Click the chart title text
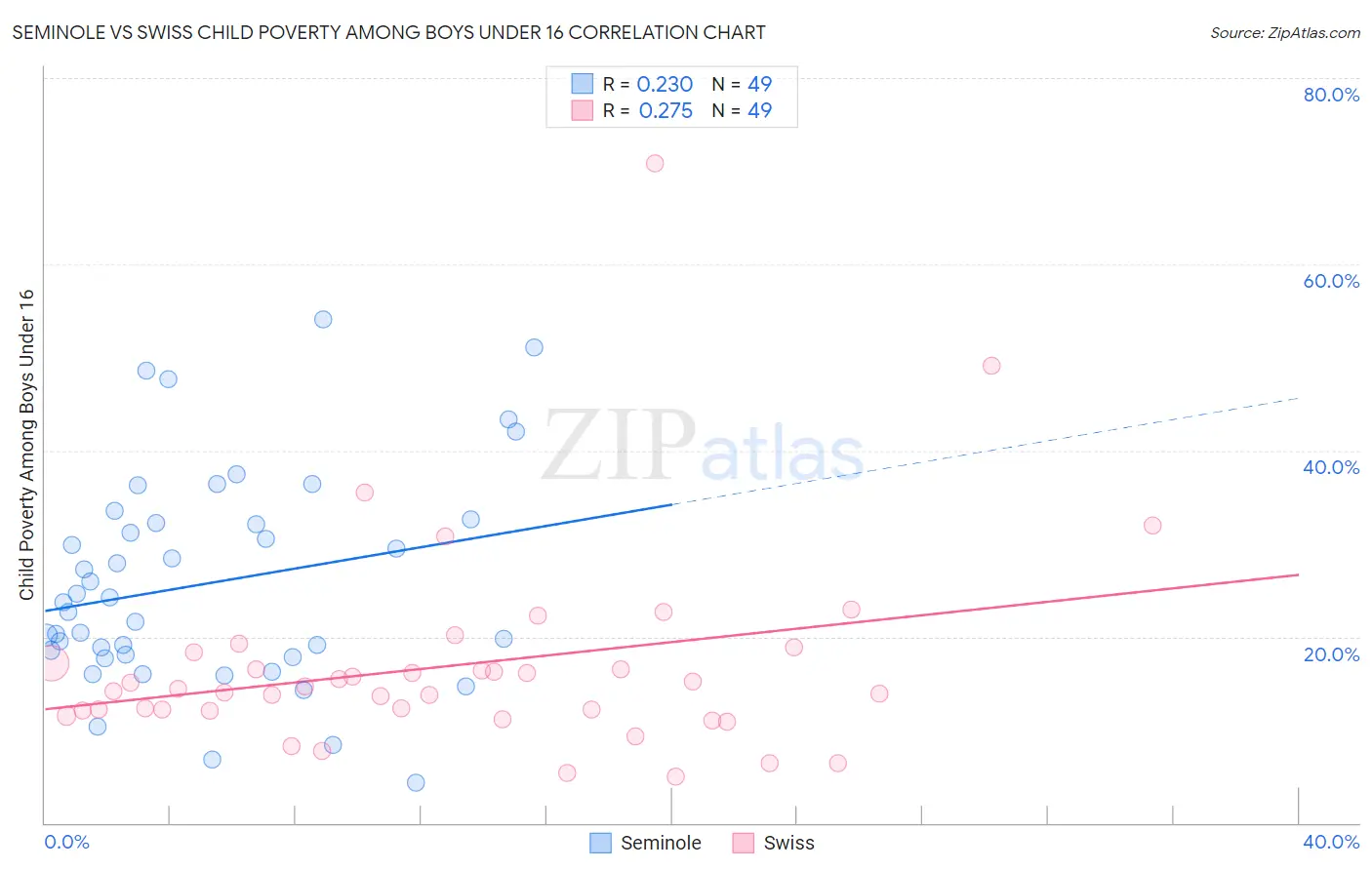click(x=388, y=32)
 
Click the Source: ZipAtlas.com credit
click(x=1284, y=32)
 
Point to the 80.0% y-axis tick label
click(x=1331, y=95)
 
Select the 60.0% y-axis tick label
click(x=1331, y=281)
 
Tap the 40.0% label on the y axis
click(x=1331, y=467)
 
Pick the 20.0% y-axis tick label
click(x=1331, y=654)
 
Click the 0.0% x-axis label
click(x=66, y=842)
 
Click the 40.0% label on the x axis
click(x=1331, y=842)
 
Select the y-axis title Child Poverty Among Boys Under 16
click(x=26, y=445)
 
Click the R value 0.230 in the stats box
click(x=665, y=85)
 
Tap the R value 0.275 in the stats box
click(x=666, y=111)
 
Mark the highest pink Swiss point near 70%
click(x=655, y=163)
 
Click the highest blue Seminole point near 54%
click(x=323, y=320)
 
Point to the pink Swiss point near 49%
click(x=991, y=366)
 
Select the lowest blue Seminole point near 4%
click(x=416, y=782)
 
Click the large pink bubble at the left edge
click(x=52, y=664)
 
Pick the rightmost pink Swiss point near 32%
click(x=1152, y=526)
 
